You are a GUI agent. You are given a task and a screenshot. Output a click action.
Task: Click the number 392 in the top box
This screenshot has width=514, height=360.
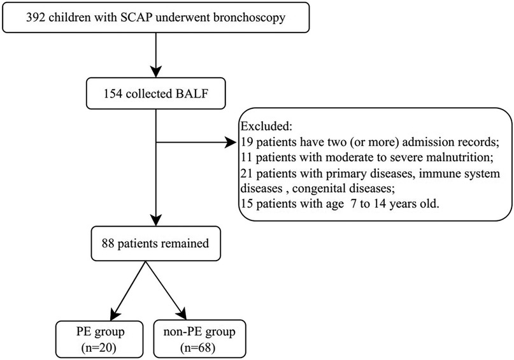pyautogui.click(x=36, y=17)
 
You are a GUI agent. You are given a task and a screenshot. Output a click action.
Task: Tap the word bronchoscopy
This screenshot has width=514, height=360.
pyautogui.click(x=249, y=18)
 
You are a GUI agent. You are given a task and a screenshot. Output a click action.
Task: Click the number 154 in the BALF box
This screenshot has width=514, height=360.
pyautogui.click(x=113, y=94)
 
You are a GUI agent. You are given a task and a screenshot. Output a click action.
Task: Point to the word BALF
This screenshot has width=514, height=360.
pyautogui.click(x=192, y=94)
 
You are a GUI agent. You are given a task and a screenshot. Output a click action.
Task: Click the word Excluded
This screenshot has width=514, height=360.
pyautogui.click(x=266, y=126)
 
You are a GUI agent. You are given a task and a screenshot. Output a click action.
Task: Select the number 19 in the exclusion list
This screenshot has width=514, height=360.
pyautogui.click(x=247, y=142)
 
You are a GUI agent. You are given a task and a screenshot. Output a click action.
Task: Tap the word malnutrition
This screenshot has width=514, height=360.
pyautogui.click(x=460, y=157)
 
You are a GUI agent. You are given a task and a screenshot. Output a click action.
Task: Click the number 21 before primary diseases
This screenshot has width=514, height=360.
pyautogui.click(x=247, y=173)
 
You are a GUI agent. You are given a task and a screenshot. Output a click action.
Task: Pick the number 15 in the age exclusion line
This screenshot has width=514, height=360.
pyautogui.click(x=247, y=204)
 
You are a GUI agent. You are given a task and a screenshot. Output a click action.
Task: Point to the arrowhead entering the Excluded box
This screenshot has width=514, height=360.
pyautogui.click(x=231, y=143)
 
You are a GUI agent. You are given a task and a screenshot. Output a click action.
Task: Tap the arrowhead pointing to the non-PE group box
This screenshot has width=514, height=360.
pyautogui.click(x=182, y=313)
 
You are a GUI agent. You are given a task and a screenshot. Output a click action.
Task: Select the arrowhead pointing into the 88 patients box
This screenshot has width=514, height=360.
pyautogui.click(x=156, y=220)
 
